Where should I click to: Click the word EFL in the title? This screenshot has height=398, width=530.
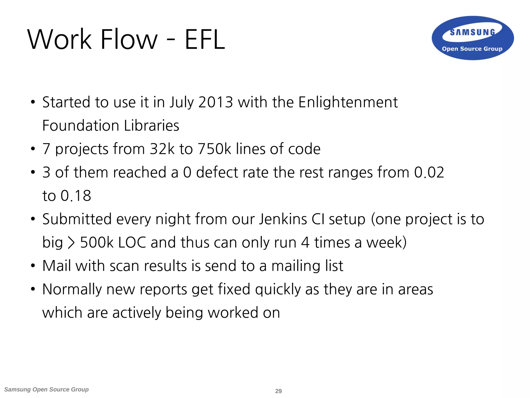tap(205, 39)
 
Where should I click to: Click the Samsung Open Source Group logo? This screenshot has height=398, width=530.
tap(473, 38)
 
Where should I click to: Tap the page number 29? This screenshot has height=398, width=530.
tap(278, 391)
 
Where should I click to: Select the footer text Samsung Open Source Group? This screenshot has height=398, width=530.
tap(47, 389)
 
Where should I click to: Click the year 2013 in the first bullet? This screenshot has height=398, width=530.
tap(216, 102)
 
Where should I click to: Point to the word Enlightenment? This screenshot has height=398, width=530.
tap(348, 102)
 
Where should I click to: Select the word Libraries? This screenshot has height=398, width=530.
tap(151, 126)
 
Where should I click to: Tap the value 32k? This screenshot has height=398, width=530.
tap(162, 149)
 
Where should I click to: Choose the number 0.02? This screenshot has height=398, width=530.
tap(429, 172)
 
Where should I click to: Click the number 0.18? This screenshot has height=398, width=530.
tap(76, 196)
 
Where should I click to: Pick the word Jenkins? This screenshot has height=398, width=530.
tap(283, 219)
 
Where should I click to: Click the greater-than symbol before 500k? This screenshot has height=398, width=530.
tap(71, 243)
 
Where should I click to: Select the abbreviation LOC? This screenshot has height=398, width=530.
tap(132, 243)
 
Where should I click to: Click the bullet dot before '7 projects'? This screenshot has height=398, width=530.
tap(33, 149)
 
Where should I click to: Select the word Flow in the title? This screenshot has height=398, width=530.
tap(129, 39)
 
